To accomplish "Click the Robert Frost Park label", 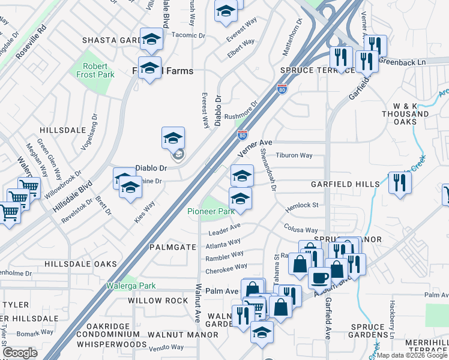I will (91, 71).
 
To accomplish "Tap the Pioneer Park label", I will (210, 211).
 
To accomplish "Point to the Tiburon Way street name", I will (294, 155).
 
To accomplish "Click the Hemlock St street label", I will (301, 205).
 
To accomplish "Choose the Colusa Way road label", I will (301, 230).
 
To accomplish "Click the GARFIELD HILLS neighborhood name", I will (345, 184).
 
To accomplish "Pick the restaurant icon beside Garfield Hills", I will (399, 182).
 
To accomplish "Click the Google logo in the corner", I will (20, 353).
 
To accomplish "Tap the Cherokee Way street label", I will (227, 267).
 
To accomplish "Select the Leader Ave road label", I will (224, 229).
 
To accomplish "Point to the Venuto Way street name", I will (166, 347).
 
